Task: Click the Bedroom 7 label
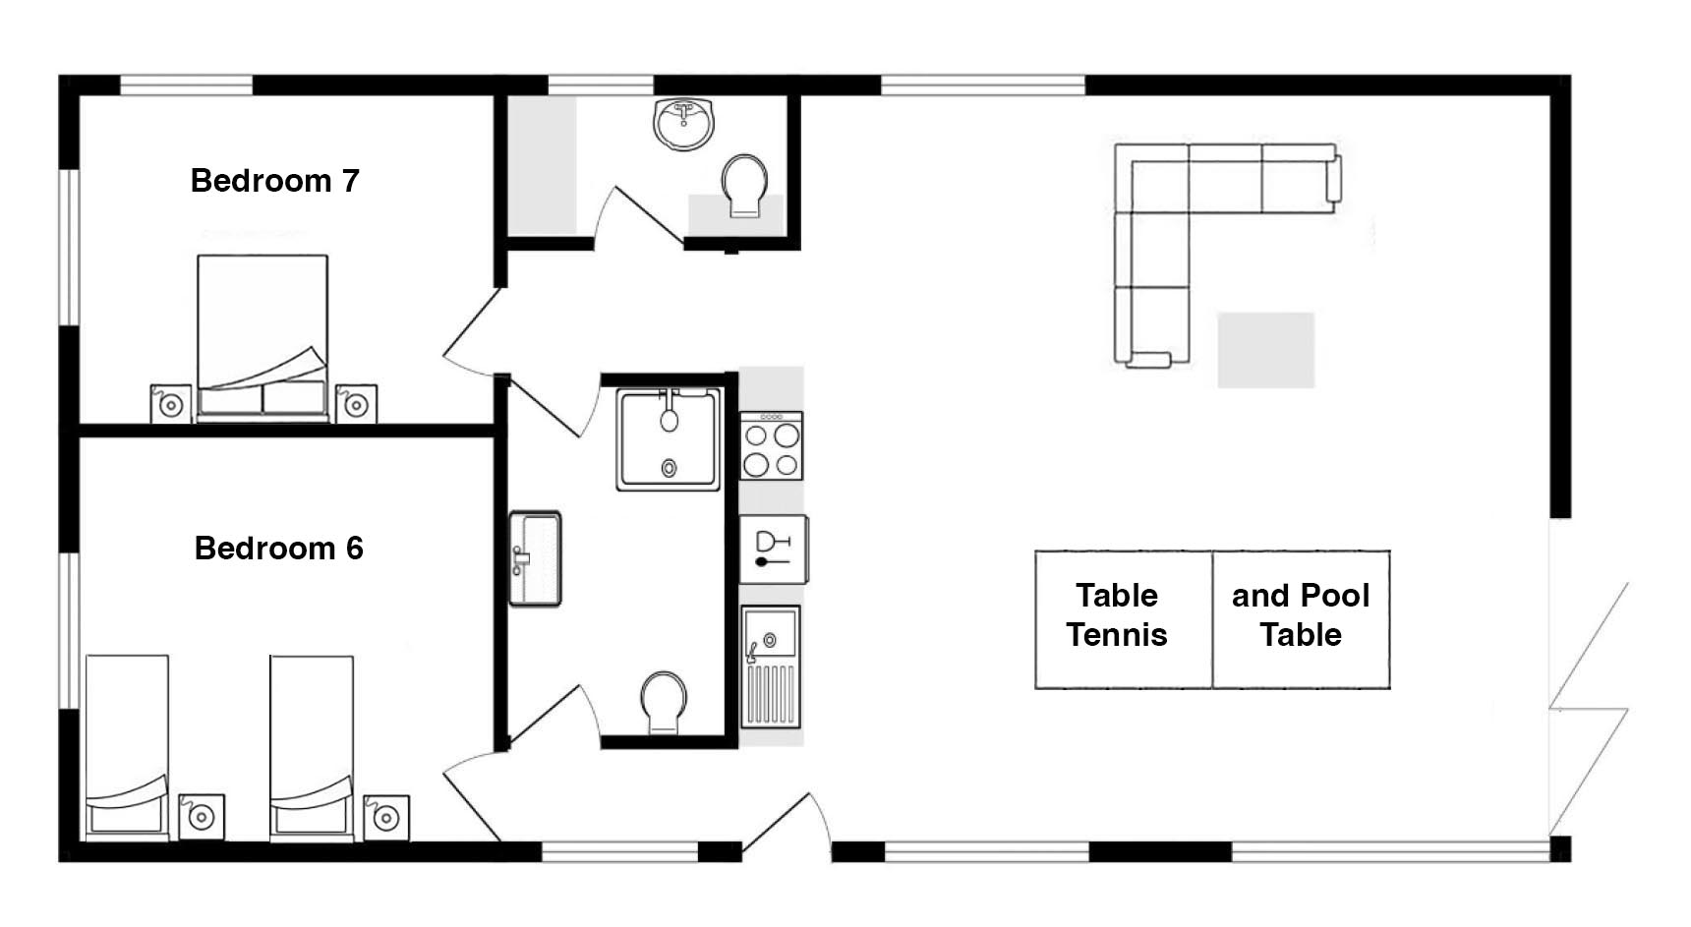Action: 274,181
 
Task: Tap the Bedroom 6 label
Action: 278,548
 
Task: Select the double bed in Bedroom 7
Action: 262,337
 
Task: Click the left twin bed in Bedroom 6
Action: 127,747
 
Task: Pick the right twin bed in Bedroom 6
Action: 312,747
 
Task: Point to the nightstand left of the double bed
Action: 171,403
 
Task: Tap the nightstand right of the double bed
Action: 356,403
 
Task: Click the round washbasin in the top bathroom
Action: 683,124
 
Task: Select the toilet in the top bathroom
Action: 744,185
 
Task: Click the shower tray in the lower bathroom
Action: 670,438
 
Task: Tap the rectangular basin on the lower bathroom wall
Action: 535,558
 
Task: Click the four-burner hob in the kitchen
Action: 771,446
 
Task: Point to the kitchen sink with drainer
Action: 770,666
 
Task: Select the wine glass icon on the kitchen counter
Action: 773,549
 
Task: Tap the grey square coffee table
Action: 1266,350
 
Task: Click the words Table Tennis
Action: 1117,615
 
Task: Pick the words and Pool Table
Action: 1301,615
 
